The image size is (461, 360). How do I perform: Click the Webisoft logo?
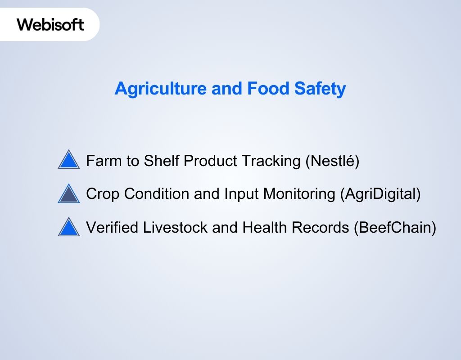coord(50,24)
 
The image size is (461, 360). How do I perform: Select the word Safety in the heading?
coord(320,89)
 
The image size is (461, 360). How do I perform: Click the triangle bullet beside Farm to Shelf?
coord(69,160)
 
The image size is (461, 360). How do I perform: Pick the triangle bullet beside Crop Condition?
coord(69,194)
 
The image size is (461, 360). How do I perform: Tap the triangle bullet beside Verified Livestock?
coord(69,228)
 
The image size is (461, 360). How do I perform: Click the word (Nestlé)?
coord(332,161)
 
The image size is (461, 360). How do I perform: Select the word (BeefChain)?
coord(395,228)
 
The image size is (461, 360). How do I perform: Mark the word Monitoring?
coord(299,194)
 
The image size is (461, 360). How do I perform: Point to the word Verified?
coord(112,228)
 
